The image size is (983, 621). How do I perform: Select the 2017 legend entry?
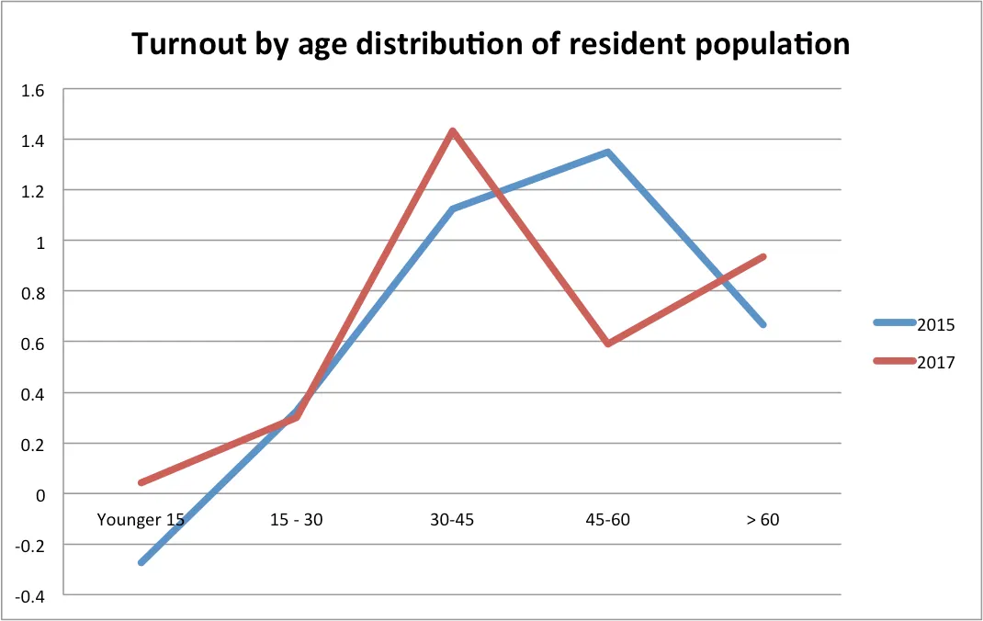click(935, 362)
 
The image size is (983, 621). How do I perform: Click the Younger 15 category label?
click(141, 520)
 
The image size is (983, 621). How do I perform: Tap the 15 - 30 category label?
click(297, 520)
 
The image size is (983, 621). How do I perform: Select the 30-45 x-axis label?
click(451, 520)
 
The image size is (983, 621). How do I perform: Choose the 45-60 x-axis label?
click(607, 520)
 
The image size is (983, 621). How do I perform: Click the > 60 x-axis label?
click(763, 520)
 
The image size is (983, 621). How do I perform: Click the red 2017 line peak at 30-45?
click(452, 131)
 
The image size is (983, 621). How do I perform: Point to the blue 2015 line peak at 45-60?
click(607, 152)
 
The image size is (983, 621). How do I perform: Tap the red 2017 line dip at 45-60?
click(607, 344)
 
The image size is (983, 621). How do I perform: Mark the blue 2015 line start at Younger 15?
click(141, 562)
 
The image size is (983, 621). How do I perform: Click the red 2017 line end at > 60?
click(763, 257)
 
